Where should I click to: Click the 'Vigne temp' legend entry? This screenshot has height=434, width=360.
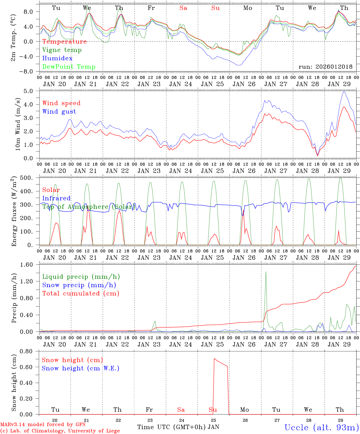point(62,50)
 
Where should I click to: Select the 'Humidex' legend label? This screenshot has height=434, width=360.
point(57,58)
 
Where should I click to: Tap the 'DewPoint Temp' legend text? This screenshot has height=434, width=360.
point(69,67)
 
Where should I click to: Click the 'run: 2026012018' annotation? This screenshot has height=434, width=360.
point(325,67)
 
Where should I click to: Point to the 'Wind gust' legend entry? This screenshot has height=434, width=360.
point(59,112)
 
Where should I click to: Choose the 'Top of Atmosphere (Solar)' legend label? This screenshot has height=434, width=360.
point(88,207)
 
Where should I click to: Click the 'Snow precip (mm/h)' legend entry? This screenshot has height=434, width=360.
point(79,285)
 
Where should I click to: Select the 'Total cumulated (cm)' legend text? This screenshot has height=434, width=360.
point(81,294)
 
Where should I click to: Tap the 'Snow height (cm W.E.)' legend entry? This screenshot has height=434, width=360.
point(80,368)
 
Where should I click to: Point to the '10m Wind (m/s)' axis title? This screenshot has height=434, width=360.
point(18,124)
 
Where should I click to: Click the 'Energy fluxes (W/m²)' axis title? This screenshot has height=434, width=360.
point(14,212)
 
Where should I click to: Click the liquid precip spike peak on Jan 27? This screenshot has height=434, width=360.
point(266,272)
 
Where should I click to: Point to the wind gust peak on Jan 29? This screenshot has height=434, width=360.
point(344,92)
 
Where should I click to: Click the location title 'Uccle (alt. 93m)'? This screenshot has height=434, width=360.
point(321,427)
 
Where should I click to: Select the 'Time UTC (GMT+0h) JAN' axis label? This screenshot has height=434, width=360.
point(178,427)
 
